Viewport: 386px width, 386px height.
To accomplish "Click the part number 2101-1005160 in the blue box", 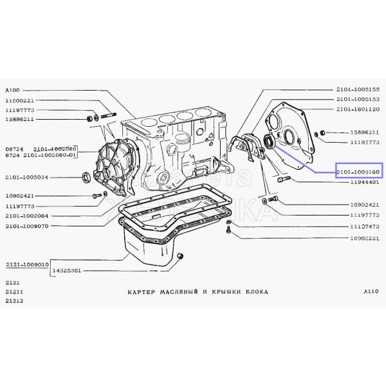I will (358, 171).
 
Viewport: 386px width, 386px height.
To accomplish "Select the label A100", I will (12, 90).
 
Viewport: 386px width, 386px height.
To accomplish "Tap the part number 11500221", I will (19, 101).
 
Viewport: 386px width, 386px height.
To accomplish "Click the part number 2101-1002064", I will (28, 216).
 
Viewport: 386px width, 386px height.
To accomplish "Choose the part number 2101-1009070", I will (28, 226).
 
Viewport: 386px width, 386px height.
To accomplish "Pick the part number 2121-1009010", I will (28, 264).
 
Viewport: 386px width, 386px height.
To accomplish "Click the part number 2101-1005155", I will (358, 89).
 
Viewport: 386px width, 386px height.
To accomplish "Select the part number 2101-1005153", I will (358, 100).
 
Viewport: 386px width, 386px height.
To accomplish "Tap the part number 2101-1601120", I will (358, 109).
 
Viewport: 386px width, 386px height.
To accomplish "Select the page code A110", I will (371, 291).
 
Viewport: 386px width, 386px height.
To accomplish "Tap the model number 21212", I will (14, 302).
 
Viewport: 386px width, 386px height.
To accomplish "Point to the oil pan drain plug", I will (181, 257).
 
